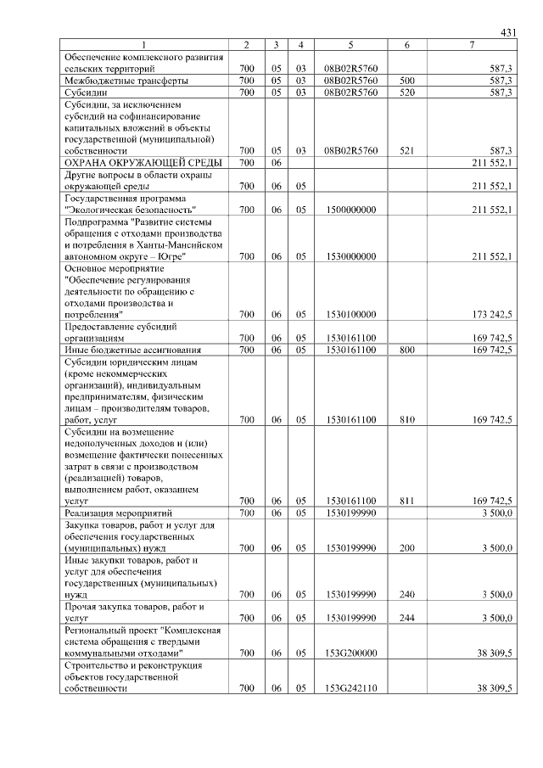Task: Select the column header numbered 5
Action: point(350,44)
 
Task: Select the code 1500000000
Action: point(350,209)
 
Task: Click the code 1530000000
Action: point(350,255)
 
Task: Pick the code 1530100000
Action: point(350,314)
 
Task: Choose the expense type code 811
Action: point(407,501)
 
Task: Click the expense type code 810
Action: point(407,419)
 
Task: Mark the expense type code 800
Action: point(407,349)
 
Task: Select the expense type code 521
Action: point(407,150)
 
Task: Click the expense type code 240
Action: point(407,595)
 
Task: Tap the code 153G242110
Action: point(350,688)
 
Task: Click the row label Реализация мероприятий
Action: point(119,513)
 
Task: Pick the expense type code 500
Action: point(407,81)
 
